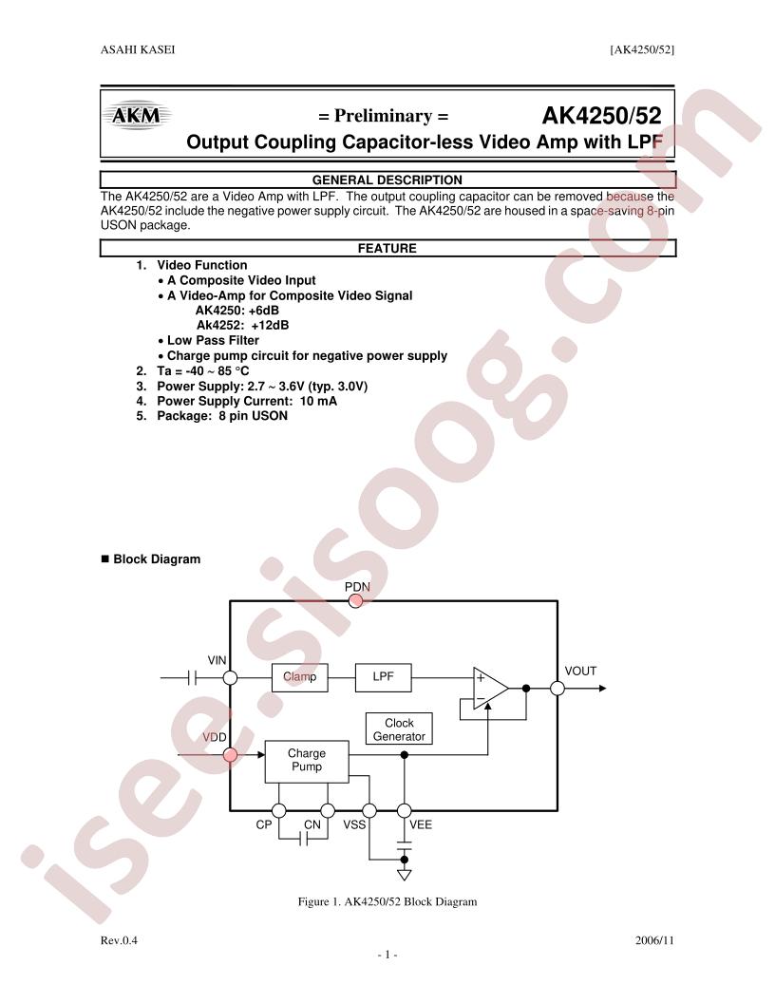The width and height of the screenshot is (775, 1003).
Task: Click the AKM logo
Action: [136, 116]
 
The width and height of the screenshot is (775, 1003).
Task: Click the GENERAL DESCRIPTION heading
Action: [387, 180]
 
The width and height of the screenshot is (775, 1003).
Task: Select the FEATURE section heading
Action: [387, 248]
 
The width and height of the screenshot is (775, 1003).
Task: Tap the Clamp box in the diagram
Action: [299, 677]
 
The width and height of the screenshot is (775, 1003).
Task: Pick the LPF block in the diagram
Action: [383, 677]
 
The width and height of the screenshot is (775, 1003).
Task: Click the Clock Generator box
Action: [399, 729]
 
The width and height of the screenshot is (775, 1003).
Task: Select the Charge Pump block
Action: [307, 761]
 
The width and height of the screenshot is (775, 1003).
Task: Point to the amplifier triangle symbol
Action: [490, 689]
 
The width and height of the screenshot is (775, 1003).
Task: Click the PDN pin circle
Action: [356, 600]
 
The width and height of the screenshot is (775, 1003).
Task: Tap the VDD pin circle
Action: [230, 755]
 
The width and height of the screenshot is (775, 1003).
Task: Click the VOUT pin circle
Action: [558, 689]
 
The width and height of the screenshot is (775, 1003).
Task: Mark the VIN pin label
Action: [217, 660]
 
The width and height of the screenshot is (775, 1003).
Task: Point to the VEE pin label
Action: [421, 824]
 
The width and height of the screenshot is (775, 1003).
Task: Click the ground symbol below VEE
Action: [404, 875]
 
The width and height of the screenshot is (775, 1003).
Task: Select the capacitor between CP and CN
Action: [304, 839]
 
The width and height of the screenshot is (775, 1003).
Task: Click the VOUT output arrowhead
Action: [602, 689]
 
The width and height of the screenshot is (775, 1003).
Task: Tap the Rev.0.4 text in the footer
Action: [119, 940]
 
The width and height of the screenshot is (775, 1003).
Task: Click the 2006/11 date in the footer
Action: [654, 940]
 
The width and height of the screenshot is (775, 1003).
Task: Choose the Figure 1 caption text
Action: [387, 902]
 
